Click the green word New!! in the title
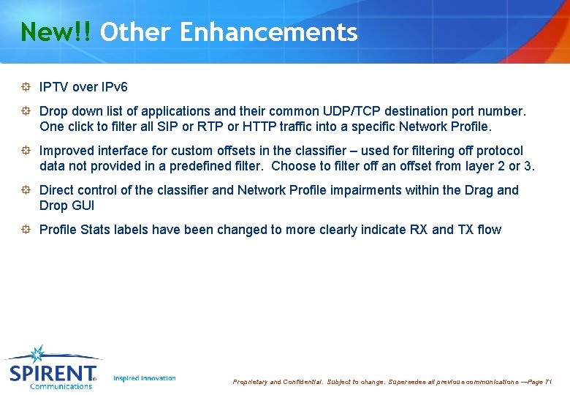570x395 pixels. click(56, 32)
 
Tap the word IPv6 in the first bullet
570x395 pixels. click(114, 87)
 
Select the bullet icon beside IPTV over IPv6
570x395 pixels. click(26, 87)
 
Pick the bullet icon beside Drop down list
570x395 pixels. click(26, 111)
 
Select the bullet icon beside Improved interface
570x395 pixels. click(26, 151)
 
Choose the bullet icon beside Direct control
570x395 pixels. click(26, 190)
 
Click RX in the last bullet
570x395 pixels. click(419, 230)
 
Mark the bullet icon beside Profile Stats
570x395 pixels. click(26, 230)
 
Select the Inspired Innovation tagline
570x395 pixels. click(145, 378)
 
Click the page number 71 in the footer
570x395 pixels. click(549, 382)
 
